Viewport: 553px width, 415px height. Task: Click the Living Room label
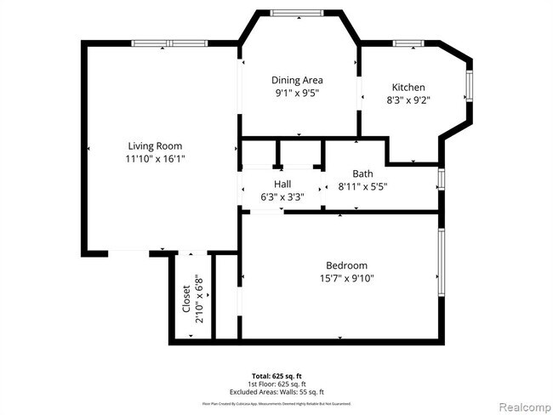tap(155, 145)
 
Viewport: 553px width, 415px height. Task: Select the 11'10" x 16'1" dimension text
tap(155, 158)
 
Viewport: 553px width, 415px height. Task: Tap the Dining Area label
tap(297, 80)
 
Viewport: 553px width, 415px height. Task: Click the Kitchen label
tap(408, 87)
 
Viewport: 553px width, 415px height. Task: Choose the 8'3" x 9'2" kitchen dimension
tap(408, 99)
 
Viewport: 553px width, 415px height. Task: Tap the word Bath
tap(362, 173)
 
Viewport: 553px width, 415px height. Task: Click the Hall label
tap(282, 184)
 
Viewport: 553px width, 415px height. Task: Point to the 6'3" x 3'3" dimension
tap(282, 196)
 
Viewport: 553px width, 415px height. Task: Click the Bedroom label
tap(346, 265)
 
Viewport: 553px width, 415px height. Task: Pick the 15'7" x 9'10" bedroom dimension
tap(346, 278)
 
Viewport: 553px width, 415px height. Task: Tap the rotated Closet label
tap(187, 298)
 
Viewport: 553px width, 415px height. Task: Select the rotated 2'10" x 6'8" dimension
tap(199, 298)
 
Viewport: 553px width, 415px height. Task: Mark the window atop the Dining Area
tap(297, 12)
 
